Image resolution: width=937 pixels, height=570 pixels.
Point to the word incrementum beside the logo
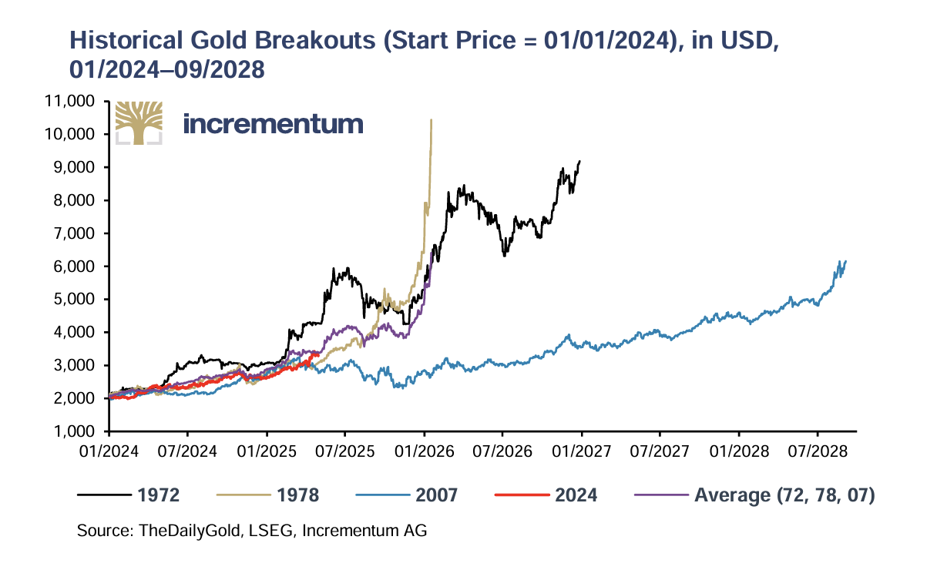(x=274, y=123)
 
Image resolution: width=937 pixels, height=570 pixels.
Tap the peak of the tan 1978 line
(x=431, y=119)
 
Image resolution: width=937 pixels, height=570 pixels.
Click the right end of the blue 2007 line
(x=846, y=261)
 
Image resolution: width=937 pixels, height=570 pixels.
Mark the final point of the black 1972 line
(x=579, y=161)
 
